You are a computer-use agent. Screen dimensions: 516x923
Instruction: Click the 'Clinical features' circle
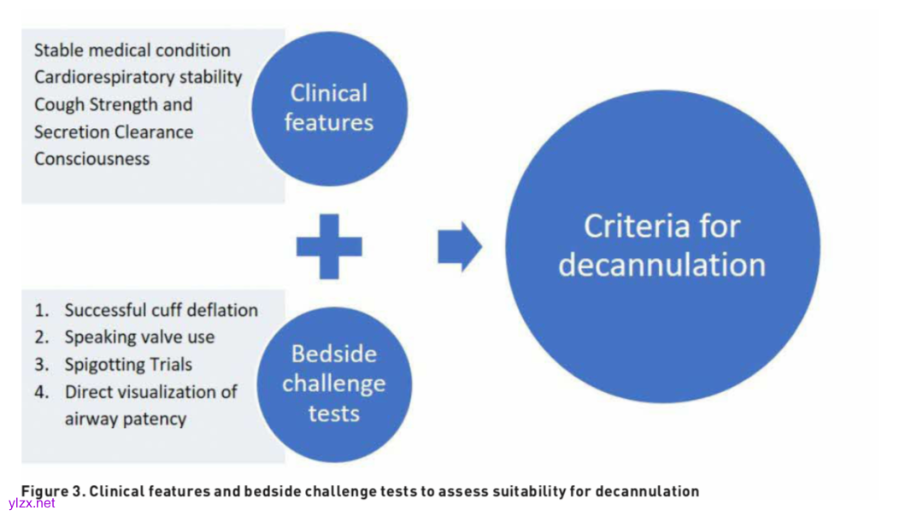tap(329, 108)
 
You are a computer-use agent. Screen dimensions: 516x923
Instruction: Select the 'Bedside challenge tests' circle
tap(333, 384)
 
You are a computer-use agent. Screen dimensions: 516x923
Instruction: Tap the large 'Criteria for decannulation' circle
tap(662, 246)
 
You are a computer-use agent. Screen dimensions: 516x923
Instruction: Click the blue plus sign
tap(329, 247)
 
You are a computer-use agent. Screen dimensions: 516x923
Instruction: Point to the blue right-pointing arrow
tap(460, 247)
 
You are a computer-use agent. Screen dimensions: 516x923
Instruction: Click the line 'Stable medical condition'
tap(132, 50)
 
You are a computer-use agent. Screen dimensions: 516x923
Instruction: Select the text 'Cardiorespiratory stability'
tap(138, 77)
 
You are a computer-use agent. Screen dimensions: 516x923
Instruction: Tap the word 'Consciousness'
tap(91, 159)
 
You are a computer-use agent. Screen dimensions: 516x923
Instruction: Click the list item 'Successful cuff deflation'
tap(161, 310)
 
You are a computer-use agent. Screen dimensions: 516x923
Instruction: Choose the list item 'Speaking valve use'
tap(139, 337)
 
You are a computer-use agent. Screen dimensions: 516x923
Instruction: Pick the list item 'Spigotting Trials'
tap(128, 365)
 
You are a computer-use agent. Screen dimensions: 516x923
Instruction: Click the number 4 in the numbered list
tap(41, 392)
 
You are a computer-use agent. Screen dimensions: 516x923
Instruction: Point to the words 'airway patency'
tap(125, 419)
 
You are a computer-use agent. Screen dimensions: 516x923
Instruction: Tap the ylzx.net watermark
tap(32, 503)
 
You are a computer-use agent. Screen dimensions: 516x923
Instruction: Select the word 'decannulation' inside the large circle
tap(661, 265)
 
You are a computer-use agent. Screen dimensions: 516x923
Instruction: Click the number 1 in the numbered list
tap(40, 310)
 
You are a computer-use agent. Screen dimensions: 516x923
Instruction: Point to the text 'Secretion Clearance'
tap(114, 132)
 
